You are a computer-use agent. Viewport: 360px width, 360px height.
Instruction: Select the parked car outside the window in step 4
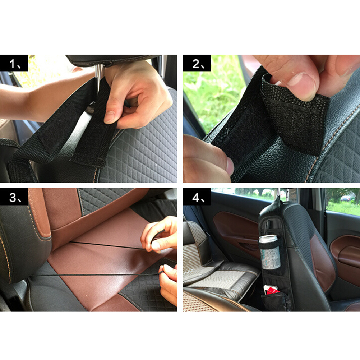coord(346,198)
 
